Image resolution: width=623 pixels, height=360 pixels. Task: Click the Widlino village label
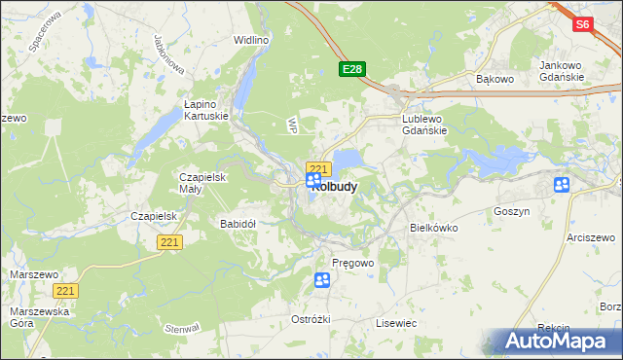[x=251, y=40]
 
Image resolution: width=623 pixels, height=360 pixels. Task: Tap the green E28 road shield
[x=352, y=69]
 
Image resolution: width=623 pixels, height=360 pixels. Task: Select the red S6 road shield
[x=582, y=25]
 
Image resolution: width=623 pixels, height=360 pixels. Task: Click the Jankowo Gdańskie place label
[x=561, y=71]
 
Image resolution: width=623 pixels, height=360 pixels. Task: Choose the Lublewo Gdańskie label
[x=424, y=125]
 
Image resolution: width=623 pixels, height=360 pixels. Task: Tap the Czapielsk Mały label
[x=202, y=183]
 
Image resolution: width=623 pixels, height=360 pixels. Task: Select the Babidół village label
[x=238, y=223]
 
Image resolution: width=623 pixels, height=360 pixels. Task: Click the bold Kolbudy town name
[x=334, y=186]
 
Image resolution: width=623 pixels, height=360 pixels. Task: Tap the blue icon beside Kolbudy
[x=313, y=181]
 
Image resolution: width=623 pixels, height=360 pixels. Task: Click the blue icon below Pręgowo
[x=322, y=281]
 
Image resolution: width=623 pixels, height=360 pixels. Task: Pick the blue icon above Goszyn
[x=562, y=185]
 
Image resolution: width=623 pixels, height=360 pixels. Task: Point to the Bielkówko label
[x=434, y=227]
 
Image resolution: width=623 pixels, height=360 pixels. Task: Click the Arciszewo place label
[x=593, y=236]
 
